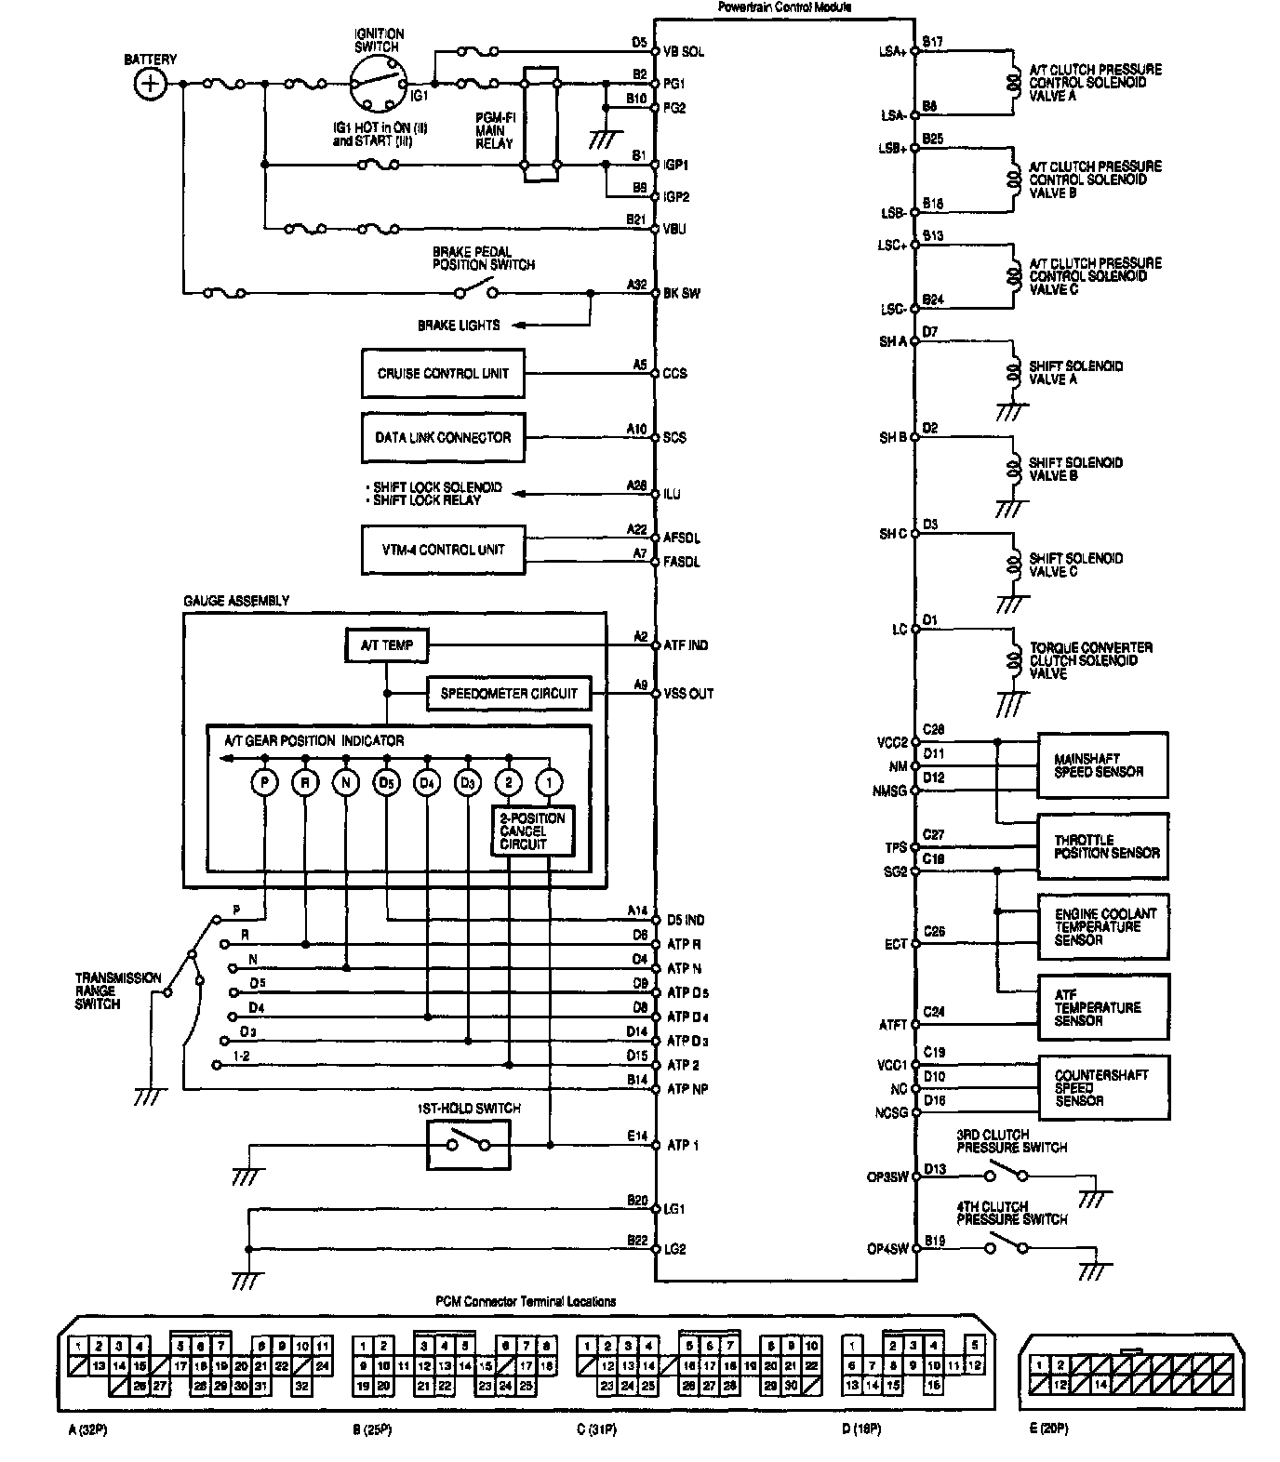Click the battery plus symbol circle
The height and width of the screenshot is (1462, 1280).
point(150,85)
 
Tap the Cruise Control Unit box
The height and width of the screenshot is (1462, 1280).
point(443,374)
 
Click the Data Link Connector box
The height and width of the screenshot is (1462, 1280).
point(443,437)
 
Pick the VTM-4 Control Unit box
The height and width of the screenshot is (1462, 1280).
point(443,550)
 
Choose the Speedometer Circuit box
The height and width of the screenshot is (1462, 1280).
point(509,693)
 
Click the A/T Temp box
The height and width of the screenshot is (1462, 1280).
point(387,645)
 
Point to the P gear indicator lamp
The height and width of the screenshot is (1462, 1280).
point(265,783)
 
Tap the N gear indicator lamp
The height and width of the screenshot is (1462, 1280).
point(346,783)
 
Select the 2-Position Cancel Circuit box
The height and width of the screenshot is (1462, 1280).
point(533,831)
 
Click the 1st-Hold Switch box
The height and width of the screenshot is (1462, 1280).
point(469,1144)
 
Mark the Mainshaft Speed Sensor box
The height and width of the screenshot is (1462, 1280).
point(1102,765)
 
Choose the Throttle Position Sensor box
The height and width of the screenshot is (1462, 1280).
point(1102,846)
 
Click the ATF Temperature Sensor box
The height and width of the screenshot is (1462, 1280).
point(1102,1007)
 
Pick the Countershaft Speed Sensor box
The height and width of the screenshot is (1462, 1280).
point(1102,1087)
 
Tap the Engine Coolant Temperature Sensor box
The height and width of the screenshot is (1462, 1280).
point(1102,927)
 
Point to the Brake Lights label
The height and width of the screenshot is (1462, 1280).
point(459,326)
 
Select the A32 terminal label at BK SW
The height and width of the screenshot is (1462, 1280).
point(636,286)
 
